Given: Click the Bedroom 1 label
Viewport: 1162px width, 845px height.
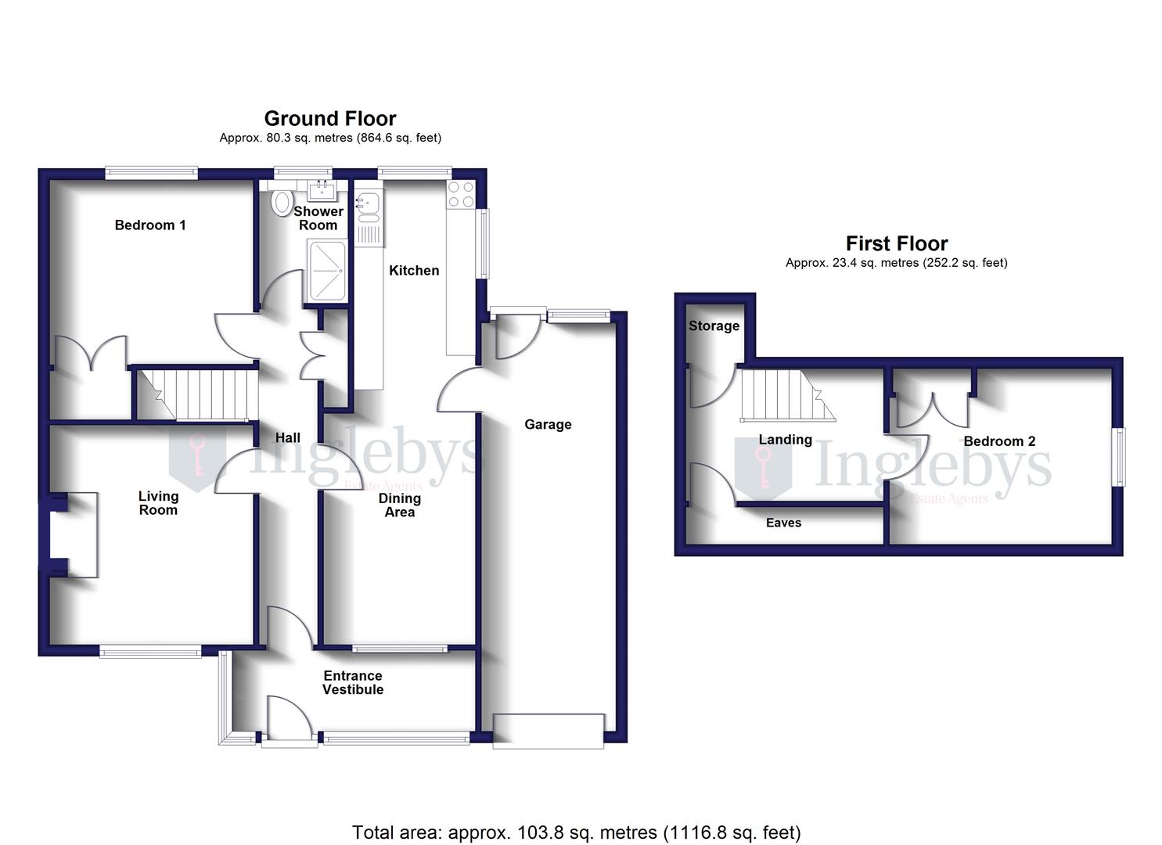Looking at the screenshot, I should tap(150, 225).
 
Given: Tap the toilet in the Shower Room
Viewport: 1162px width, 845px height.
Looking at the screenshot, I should tap(280, 203).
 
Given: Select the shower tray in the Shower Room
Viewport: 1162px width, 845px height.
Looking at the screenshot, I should tap(328, 271).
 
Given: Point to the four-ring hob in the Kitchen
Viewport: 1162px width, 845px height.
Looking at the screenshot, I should tap(460, 195).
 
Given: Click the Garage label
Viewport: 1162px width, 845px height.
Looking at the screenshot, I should tap(548, 424).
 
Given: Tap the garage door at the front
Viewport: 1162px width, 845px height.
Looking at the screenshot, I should tap(548, 730).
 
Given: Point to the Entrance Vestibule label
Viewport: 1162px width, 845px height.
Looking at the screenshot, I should tap(353, 682).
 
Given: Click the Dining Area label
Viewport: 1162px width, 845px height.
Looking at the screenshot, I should tap(399, 505).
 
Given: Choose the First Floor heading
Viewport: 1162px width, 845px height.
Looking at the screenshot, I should tap(896, 243).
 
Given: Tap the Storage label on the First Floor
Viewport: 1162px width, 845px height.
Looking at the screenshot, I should tap(714, 325).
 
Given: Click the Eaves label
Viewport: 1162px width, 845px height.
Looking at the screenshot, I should tap(783, 523).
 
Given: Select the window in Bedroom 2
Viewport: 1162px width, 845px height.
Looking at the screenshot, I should tap(1119, 457).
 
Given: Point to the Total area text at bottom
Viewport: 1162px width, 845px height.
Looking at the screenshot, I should tap(576, 832).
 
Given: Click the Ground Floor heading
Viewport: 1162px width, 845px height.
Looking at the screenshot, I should tap(329, 118).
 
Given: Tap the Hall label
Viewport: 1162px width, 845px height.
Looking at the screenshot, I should tap(287, 438).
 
